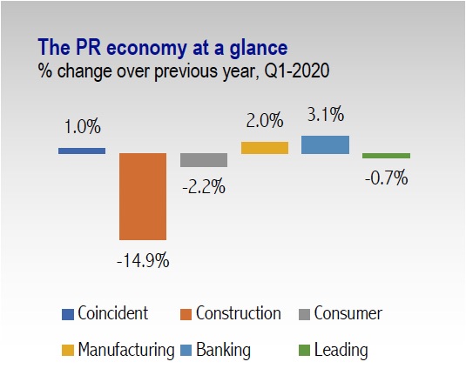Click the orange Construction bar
coord(143,197)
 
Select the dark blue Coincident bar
coord(82,151)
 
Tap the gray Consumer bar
coord(204,160)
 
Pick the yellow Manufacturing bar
coord(265,148)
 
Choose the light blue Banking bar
coord(326,144)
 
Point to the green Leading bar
coord(387,156)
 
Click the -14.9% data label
coord(143,261)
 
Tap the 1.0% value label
coord(83,127)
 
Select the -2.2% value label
coord(204,187)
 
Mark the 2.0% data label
coord(265,121)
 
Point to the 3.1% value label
coord(326,114)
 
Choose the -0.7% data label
coord(387,178)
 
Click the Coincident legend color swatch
coord(68,315)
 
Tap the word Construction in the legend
coord(239,313)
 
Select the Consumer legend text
coord(348,313)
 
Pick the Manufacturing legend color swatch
coord(68,351)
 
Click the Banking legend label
coord(223,351)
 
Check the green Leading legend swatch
coord(304,351)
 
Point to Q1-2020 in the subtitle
coord(297,71)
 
